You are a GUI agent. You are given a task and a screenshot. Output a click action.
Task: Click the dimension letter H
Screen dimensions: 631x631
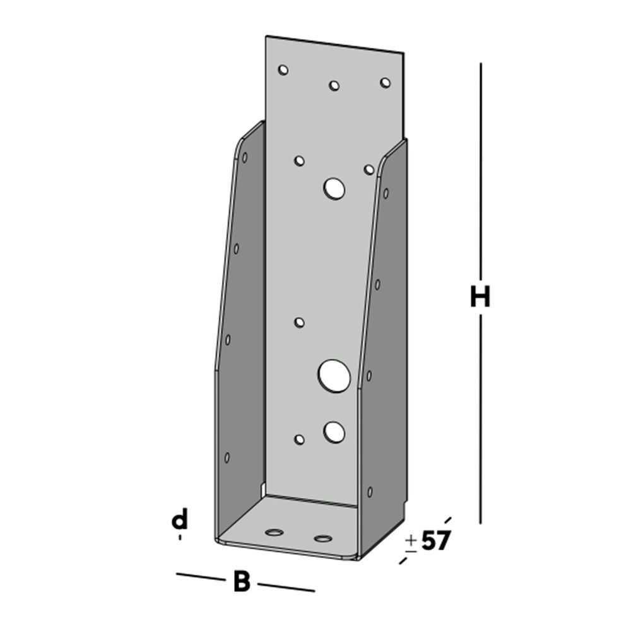coord(480,297)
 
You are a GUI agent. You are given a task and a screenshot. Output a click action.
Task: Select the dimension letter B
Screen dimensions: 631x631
coord(241,582)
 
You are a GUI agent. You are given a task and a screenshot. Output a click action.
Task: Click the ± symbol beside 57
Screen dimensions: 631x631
coord(411,543)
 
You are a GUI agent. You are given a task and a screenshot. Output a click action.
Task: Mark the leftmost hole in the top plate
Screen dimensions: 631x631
coord(283,69)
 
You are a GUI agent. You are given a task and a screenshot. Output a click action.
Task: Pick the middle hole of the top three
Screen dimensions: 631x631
coord(334,85)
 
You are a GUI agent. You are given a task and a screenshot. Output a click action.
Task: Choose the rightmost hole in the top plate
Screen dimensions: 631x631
coord(385,83)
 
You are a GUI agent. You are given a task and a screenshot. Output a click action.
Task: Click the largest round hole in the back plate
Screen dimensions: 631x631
coord(334,375)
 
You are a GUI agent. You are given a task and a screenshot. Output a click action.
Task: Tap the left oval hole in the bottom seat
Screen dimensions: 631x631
coord(274,533)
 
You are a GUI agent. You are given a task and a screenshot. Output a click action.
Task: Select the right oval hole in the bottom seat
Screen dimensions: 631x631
coord(322,538)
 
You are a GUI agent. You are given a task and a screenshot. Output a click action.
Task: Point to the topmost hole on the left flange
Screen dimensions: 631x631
coord(245,156)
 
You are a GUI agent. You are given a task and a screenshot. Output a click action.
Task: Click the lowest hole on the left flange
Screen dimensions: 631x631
coord(227,457)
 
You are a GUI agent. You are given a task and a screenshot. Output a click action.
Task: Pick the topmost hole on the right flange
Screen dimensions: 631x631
coord(386,193)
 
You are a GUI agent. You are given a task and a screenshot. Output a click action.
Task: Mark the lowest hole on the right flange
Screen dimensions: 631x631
coord(370,492)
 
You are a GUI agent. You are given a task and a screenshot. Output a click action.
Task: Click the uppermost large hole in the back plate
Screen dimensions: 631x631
coord(334,188)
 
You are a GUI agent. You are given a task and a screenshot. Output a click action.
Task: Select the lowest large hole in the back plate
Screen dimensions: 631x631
coord(334,432)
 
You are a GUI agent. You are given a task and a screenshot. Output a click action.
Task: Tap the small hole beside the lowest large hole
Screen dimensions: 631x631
coord(300,439)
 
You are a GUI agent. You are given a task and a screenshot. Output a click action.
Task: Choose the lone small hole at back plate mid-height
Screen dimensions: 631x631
coord(300,322)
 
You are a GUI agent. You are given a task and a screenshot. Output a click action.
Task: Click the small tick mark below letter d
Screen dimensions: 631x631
coord(180,537)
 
